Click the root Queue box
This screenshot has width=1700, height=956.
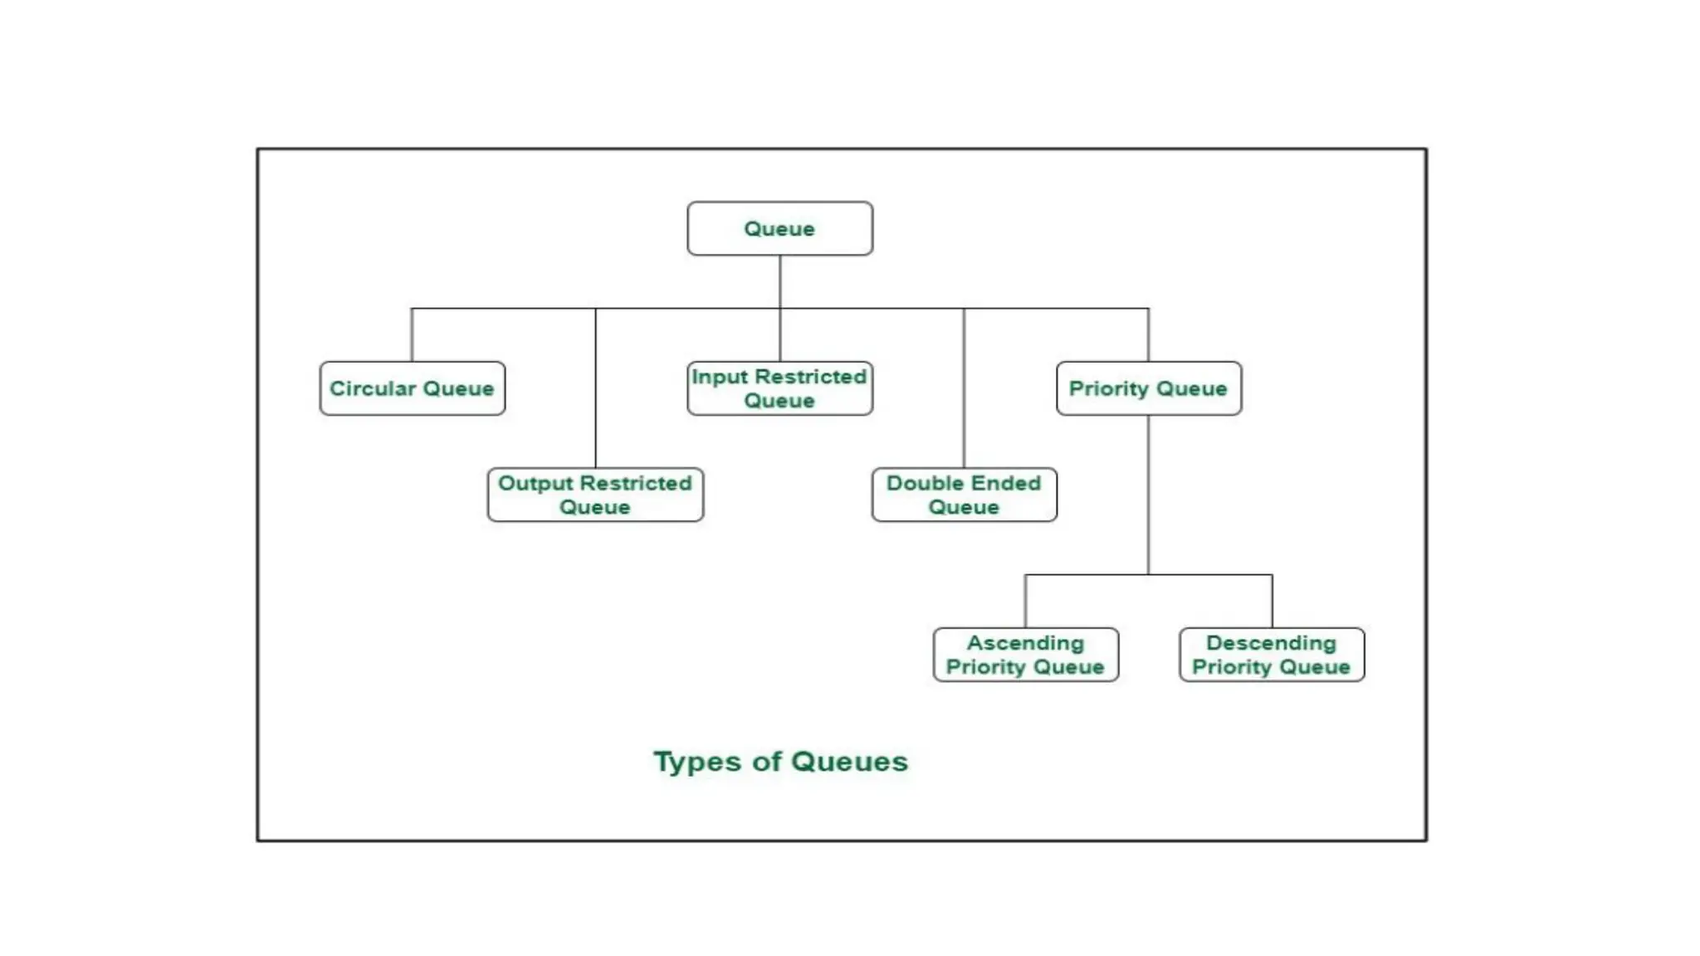pyautogui.click(x=779, y=228)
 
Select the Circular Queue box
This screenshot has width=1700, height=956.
pyautogui.click(x=412, y=388)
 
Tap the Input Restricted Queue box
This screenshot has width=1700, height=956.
pyautogui.click(x=779, y=388)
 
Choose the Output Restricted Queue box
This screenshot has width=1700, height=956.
pyautogui.click(x=595, y=495)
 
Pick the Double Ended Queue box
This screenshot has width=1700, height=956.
pyautogui.click(x=964, y=495)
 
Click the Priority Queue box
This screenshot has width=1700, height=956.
pyautogui.click(x=1148, y=388)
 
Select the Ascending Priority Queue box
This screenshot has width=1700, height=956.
pyautogui.click(x=1025, y=655)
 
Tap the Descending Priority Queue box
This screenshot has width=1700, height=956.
pyautogui.click(x=1271, y=655)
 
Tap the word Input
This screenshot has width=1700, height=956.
pyautogui.click(x=719, y=377)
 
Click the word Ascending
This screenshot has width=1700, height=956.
pyautogui.click(x=1025, y=643)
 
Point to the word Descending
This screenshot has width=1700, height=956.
pyautogui.click(x=1271, y=643)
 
